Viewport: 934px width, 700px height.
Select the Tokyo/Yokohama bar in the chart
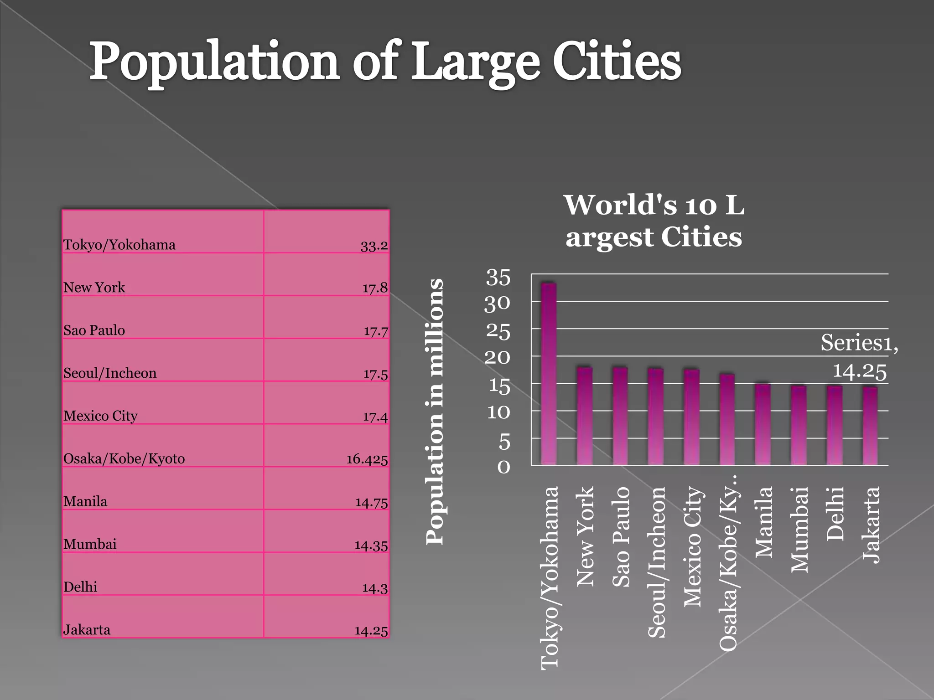click(549, 374)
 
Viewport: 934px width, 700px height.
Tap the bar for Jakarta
click(870, 426)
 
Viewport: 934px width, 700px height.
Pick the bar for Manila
click(763, 424)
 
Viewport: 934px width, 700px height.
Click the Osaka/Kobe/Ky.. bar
click(727, 419)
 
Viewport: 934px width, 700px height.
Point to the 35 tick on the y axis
click(498, 277)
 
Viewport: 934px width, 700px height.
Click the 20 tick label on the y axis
click(497, 358)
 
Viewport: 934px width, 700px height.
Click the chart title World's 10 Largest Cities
click(654, 221)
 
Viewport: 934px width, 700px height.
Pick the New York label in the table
click(94, 288)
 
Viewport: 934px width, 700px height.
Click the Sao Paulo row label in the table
click(94, 330)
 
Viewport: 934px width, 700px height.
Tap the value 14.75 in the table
click(371, 503)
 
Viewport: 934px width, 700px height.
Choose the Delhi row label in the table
click(80, 587)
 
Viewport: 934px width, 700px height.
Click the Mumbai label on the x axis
click(799, 529)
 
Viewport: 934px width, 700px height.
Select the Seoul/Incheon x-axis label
click(657, 561)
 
